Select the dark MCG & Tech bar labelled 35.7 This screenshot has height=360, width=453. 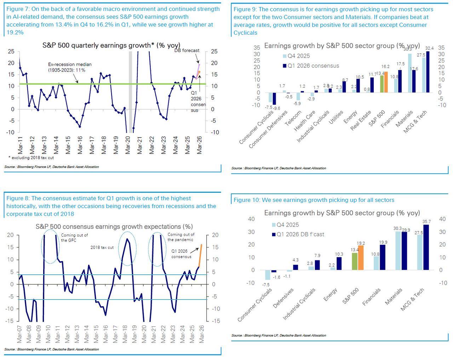426,248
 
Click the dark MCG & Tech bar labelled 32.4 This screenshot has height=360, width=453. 428,72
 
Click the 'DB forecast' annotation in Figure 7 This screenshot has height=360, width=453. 187,51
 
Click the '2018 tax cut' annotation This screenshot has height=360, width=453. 102,248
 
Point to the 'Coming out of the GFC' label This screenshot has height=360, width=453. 74,238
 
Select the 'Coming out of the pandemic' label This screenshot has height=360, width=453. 181,237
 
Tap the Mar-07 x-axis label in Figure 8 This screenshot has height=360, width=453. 20,334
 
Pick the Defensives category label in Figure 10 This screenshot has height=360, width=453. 284,298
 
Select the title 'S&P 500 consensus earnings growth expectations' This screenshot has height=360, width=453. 114,227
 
